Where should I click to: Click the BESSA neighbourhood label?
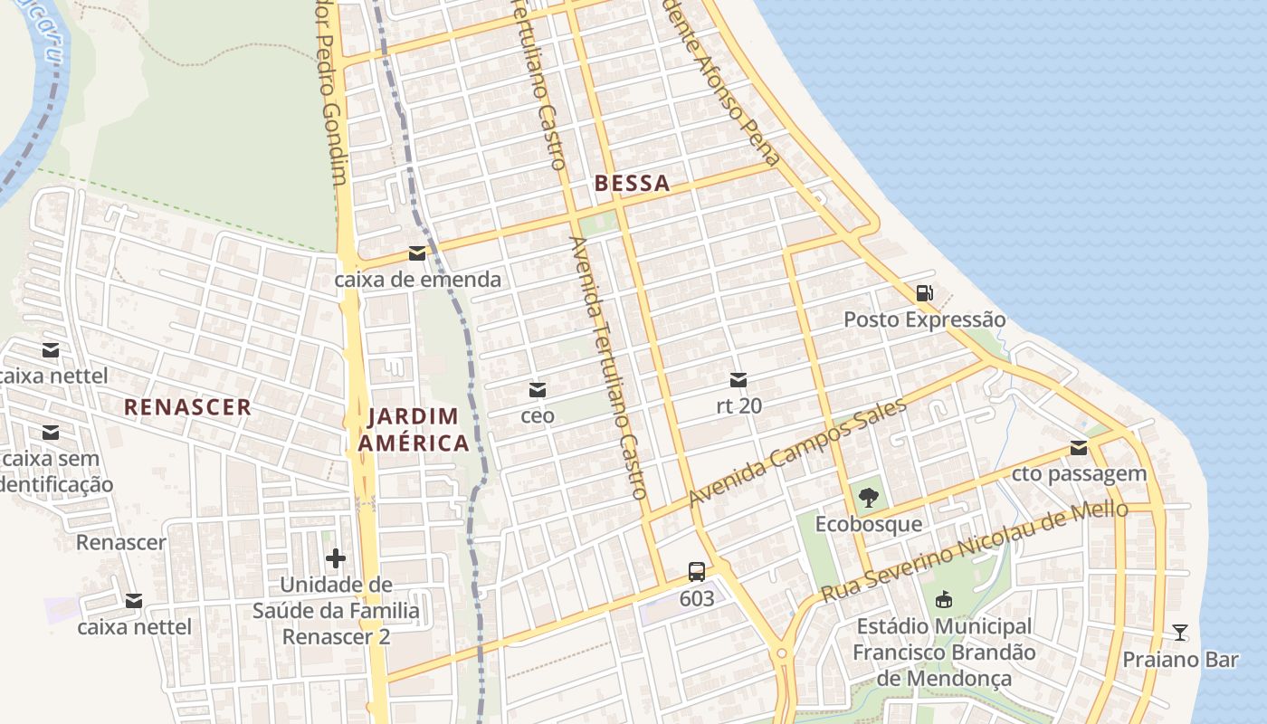click(x=633, y=184)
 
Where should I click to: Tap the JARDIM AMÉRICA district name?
click(x=414, y=430)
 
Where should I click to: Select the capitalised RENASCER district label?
click(x=187, y=407)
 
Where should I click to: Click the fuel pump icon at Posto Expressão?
click(x=924, y=293)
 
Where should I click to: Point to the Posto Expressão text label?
click(x=924, y=319)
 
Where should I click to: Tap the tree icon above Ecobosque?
click(x=869, y=497)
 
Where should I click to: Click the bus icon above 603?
click(x=696, y=572)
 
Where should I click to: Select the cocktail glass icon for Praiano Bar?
click(x=1180, y=632)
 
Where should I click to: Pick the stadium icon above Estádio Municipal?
click(x=944, y=599)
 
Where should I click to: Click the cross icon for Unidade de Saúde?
click(x=336, y=558)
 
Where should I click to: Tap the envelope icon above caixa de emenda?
click(x=417, y=253)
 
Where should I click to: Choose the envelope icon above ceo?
click(x=538, y=390)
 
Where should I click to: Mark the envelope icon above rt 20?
click(x=738, y=380)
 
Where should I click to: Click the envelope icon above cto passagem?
click(x=1079, y=448)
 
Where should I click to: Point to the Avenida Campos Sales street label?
click(x=796, y=453)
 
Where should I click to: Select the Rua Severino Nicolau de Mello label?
click(x=974, y=551)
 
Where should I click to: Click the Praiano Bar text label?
click(x=1180, y=659)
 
